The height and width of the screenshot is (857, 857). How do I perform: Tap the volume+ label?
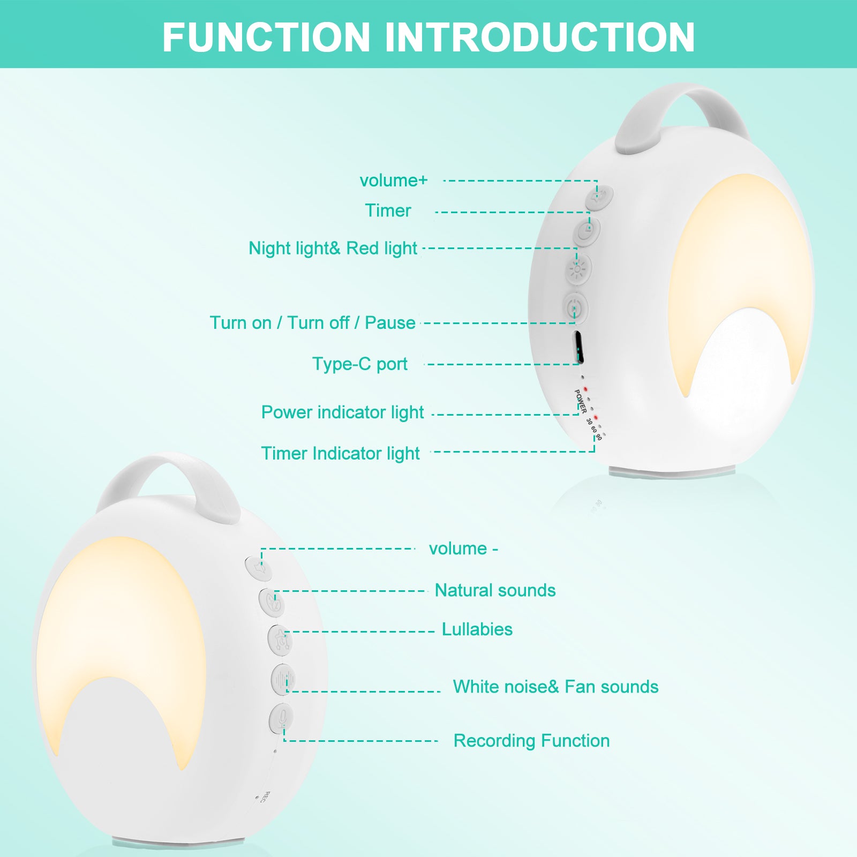click(x=394, y=181)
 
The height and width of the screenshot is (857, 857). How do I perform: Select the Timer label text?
click(x=388, y=211)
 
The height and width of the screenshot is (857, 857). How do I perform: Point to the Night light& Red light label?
click(x=333, y=249)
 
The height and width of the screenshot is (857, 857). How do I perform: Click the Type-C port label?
click(x=359, y=364)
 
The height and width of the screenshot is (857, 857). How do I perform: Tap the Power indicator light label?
click(x=342, y=412)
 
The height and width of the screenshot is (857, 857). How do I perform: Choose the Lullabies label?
click(x=477, y=629)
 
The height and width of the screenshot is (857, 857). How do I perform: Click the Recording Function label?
click(x=531, y=741)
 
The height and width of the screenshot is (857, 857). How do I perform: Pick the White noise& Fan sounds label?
click(x=555, y=687)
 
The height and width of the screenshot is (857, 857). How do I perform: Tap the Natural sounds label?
click(x=495, y=590)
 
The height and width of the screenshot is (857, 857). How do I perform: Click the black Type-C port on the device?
click(x=578, y=347)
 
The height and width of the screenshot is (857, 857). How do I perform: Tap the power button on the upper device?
click(x=575, y=308)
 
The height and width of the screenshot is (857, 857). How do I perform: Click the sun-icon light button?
click(x=578, y=269)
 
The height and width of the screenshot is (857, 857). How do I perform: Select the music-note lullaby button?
click(x=280, y=640)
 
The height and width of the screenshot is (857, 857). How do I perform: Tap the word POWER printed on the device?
click(x=580, y=401)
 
